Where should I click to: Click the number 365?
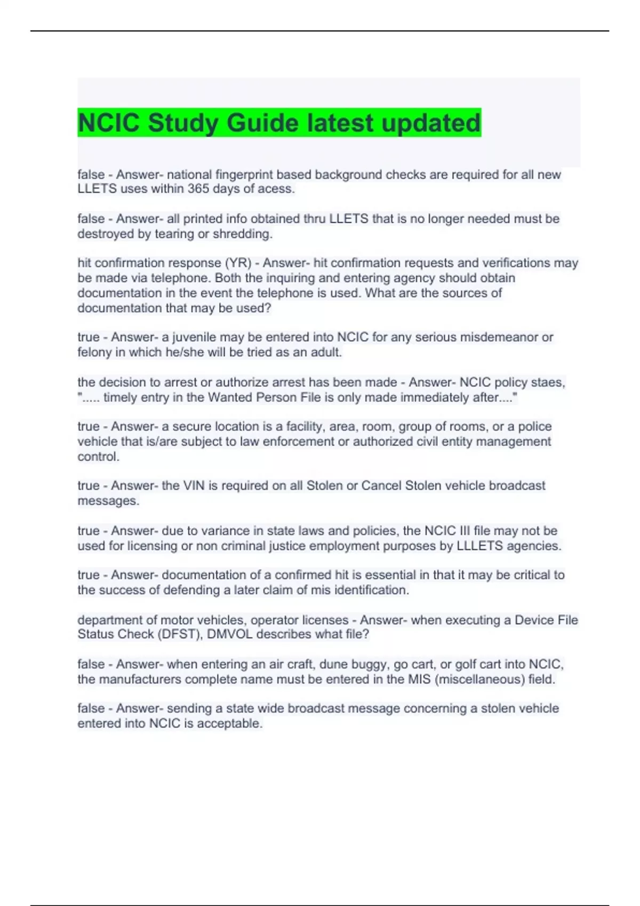198,189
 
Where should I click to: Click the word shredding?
243,234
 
